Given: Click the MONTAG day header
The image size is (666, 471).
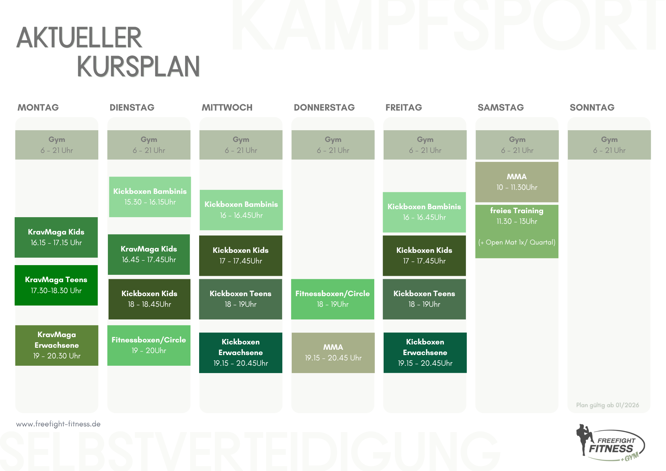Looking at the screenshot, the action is pyautogui.click(x=38, y=107).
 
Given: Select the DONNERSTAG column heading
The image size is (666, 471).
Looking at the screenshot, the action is pyautogui.click(x=324, y=107).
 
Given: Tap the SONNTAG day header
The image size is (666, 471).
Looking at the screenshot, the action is pyautogui.click(x=592, y=107).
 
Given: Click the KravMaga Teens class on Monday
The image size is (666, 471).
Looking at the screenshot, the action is pyautogui.click(x=56, y=285).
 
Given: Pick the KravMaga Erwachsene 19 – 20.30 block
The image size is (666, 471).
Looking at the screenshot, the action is pyautogui.click(x=57, y=345).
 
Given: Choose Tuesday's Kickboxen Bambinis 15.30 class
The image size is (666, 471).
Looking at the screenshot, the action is pyautogui.click(x=150, y=197).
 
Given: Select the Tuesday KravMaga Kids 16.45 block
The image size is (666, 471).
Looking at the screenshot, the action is pyautogui.click(x=149, y=254).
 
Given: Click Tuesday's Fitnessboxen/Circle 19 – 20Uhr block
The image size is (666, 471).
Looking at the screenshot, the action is pyautogui.click(x=149, y=345).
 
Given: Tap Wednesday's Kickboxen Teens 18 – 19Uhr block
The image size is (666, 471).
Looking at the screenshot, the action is pyautogui.click(x=240, y=299).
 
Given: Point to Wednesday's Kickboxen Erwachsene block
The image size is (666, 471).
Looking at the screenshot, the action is pyautogui.click(x=241, y=353).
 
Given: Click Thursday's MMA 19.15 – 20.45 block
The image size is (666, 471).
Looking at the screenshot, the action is pyautogui.click(x=333, y=353).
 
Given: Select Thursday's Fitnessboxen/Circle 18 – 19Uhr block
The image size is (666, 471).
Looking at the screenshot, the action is pyautogui.click(x=333, y=299).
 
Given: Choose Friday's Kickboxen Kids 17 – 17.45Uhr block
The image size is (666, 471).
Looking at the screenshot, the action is pyautogui.click(x=424, y=256).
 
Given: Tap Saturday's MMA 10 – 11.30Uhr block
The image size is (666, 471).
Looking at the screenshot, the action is pyautogui.click(x=517, y=182).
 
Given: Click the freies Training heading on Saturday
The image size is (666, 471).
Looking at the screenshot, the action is pyautogui.click(x=517, y=211).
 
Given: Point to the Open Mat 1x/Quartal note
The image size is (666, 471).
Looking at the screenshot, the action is pyautogui.click(x=517, y=242).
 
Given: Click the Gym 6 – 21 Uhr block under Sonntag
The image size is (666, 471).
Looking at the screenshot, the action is pyautogui.click(x=609, y=145).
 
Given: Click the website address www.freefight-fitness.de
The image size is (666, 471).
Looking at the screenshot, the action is pyautogui.click(x=58, y=424).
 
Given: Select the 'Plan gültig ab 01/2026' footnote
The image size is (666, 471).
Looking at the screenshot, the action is pyautogui.click(x=608, y=405).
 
